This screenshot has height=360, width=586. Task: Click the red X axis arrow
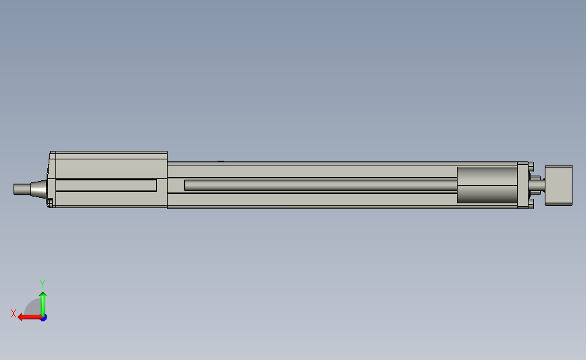[27, 317]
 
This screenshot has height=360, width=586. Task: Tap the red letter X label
[14, 313]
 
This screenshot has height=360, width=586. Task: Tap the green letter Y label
[42, 284]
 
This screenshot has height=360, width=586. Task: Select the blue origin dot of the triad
[43, 317]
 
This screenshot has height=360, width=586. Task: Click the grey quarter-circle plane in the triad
[34, 309]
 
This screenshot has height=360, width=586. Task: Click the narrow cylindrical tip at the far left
[20, 189]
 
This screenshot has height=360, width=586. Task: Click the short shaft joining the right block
[537, 184]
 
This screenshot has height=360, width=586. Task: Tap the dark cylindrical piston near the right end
[487, 184]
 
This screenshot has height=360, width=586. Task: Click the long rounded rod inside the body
[318, 184]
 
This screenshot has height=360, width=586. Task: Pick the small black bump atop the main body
[220, 161]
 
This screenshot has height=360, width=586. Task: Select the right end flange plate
[522, 184]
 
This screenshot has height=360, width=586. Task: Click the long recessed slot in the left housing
[105, 185]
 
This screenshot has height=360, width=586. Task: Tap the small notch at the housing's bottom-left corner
[50, 201]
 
